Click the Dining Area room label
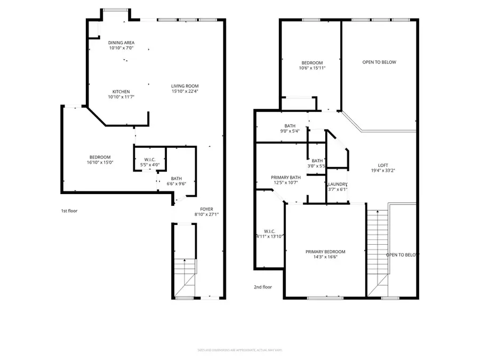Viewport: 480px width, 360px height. tap(121, 43)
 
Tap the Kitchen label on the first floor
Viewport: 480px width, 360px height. tap(121, 92)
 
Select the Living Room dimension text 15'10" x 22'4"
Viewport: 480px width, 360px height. tap(185, 92)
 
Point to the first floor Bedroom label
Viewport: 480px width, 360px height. tap(100, 157)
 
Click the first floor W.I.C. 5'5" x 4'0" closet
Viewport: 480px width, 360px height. tap(149, 162)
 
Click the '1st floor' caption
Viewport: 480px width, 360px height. tap(69, 211)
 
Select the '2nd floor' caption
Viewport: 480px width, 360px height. tap(262, 287)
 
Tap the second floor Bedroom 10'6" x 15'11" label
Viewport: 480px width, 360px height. tap(311, 65)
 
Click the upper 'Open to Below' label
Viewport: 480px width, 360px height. tap(379, 62)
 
